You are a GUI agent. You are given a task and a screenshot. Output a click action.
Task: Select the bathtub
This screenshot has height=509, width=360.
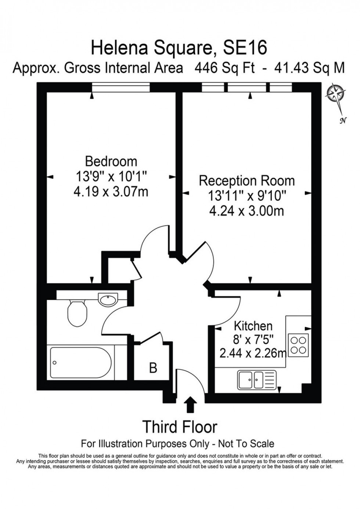(80, 362)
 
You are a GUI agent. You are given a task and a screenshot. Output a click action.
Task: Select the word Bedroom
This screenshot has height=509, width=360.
(111, 162)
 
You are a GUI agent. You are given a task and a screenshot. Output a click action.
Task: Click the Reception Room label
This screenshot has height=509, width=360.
(247, 181)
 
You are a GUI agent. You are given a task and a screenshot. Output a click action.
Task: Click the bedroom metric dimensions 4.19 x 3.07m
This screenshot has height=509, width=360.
(111, 191)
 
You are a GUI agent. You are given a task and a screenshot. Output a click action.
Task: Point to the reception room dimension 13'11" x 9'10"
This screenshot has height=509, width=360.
(247, 196)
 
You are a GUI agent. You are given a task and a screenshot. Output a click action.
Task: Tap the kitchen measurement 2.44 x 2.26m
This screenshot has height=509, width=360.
(253, 359)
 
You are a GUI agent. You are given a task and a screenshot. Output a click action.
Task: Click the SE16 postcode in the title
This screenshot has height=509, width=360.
(245, 48)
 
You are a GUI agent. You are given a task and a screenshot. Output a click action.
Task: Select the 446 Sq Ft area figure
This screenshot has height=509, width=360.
(224, 68)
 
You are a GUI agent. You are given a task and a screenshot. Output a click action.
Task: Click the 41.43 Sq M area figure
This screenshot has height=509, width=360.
(310, 68)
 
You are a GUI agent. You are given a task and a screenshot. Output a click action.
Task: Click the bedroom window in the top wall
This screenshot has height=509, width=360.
(121, 87)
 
